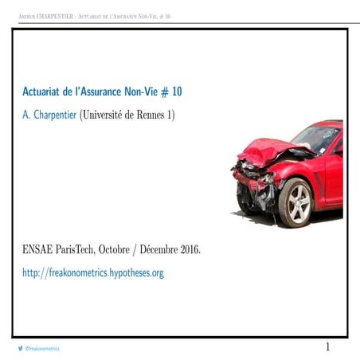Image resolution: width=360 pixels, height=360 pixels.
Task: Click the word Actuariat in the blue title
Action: pos(45,92)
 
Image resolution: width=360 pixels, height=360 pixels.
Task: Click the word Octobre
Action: pos(127,249)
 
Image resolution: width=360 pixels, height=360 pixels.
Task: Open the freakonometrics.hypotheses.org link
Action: pos(93,272)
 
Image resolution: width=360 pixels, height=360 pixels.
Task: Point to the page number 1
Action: pos(327,347)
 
